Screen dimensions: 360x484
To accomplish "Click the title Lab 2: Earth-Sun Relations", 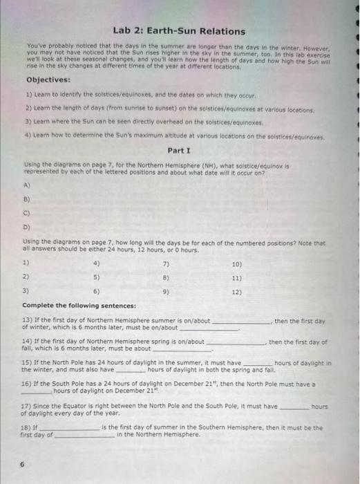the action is pos(179,31).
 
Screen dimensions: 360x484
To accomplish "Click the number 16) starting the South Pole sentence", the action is pos(28,382).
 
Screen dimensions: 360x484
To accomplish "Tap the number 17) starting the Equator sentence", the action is pos(28,406).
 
